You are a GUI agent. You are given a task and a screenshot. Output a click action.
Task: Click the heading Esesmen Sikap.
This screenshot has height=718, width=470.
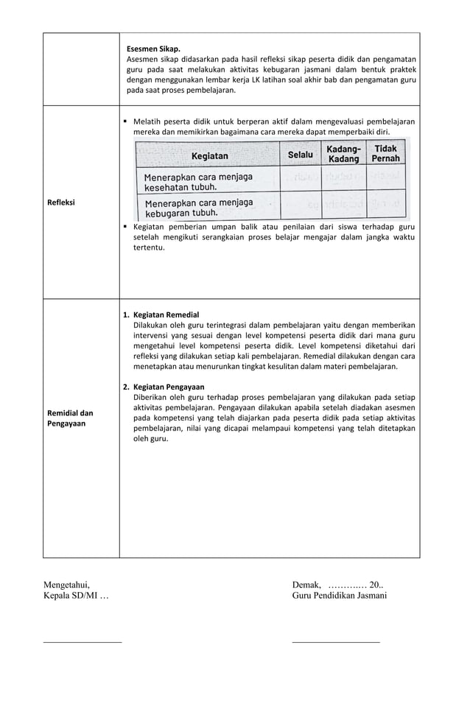tap(153, 49)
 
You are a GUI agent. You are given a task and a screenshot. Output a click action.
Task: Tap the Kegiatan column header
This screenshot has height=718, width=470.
tap(210, 156)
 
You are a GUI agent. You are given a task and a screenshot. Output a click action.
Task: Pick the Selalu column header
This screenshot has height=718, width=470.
tap(301, 155)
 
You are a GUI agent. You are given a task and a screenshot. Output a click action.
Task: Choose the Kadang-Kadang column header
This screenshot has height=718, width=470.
tap(344, 154)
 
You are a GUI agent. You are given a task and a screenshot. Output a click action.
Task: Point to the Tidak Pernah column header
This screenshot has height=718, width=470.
tap(385, 153)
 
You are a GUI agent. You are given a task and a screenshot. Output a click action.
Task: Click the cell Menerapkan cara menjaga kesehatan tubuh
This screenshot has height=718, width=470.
tap(198, 182)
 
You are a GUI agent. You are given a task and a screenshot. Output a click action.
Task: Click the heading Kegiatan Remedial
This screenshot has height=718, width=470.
tap(166, 314)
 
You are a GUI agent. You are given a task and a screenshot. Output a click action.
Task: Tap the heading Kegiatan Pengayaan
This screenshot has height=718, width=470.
tap(169, 387)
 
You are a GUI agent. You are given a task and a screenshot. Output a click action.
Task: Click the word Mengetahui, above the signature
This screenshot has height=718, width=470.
tap(66, 585)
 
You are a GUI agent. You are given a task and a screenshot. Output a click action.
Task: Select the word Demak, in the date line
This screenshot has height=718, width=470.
tap(306, 585)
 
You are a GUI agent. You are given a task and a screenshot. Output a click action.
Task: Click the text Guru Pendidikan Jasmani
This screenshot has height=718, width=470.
tap(339, 596)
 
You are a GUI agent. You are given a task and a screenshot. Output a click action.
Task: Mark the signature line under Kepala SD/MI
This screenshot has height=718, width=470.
tap(83, 642)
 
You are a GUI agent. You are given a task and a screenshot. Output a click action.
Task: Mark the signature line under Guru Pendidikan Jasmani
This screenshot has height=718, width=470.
tap(336, 642)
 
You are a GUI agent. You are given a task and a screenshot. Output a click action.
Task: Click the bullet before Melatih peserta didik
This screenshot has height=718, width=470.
tap(126, 121)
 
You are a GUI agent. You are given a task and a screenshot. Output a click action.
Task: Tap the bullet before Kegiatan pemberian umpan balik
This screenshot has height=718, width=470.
tap(126, 228)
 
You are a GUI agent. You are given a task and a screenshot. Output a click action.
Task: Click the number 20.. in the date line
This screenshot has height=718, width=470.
tap(376, 585)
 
